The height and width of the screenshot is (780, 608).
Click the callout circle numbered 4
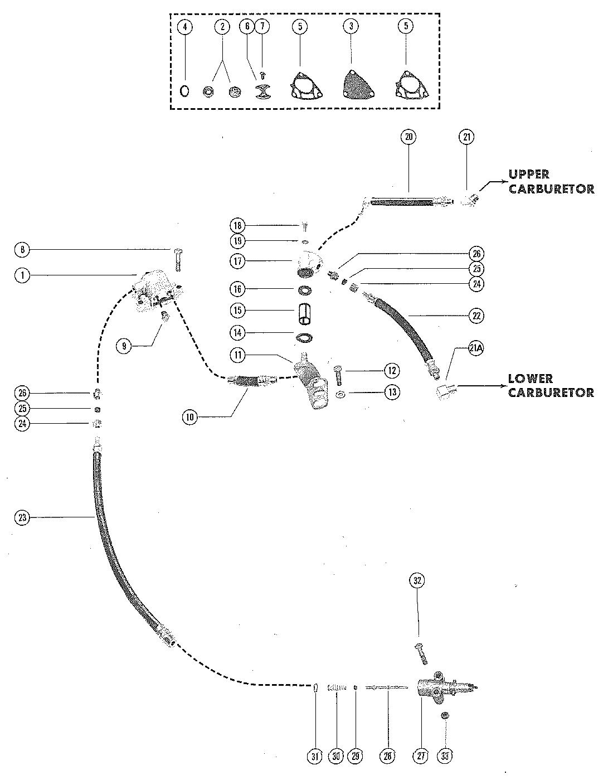point(185,27)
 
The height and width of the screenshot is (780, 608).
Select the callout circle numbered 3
point(351,26)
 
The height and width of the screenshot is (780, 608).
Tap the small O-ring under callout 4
point(184,91)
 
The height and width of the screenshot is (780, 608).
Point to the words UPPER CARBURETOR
point(551,182)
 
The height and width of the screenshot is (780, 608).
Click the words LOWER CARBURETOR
point(551,386)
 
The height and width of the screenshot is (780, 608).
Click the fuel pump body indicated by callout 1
point(157,292)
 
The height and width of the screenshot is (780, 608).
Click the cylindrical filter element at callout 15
point(304,311)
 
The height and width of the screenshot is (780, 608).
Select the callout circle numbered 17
point(238,261)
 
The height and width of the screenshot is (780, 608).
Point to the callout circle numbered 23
point(23,517)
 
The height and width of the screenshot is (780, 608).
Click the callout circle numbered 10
point(190,418)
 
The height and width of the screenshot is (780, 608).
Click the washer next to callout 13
point(339,395)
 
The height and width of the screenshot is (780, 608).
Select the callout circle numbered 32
point(417,580)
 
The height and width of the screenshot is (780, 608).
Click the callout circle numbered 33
point(445,757)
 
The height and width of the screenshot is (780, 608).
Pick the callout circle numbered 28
point(387,757)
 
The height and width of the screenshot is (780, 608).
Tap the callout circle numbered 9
point(124,346)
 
